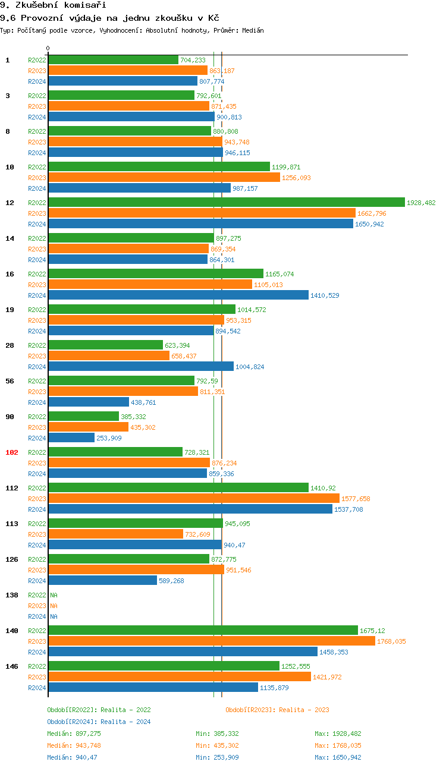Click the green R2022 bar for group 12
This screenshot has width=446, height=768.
tap(226, 203)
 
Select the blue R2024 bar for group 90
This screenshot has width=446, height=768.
tap(71, 438)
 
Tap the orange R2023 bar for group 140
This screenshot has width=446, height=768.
tap(212, 641)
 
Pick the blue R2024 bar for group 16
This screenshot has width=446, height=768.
tap(178, 295)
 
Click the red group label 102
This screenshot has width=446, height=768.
tap(12, 452)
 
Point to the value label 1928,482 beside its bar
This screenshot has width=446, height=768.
tap(421, 203)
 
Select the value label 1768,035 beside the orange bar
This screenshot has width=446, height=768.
tap(391, 641)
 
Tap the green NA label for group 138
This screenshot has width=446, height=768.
tap(54, 595)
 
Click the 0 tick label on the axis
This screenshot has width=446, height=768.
tap(48, 48)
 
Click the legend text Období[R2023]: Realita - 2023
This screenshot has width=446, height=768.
tap(277, 710)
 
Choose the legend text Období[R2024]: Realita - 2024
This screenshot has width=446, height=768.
tap(99, 722)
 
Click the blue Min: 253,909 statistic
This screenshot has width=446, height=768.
tap(217, 757)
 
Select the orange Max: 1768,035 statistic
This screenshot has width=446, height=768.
tap(338, 745)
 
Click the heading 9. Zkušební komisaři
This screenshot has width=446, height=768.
tap(45, 5)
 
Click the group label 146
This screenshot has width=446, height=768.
tap(12, 666)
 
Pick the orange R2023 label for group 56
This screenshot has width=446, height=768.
tap(37, 392)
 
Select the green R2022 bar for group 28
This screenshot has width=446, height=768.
tap(105, 345)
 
